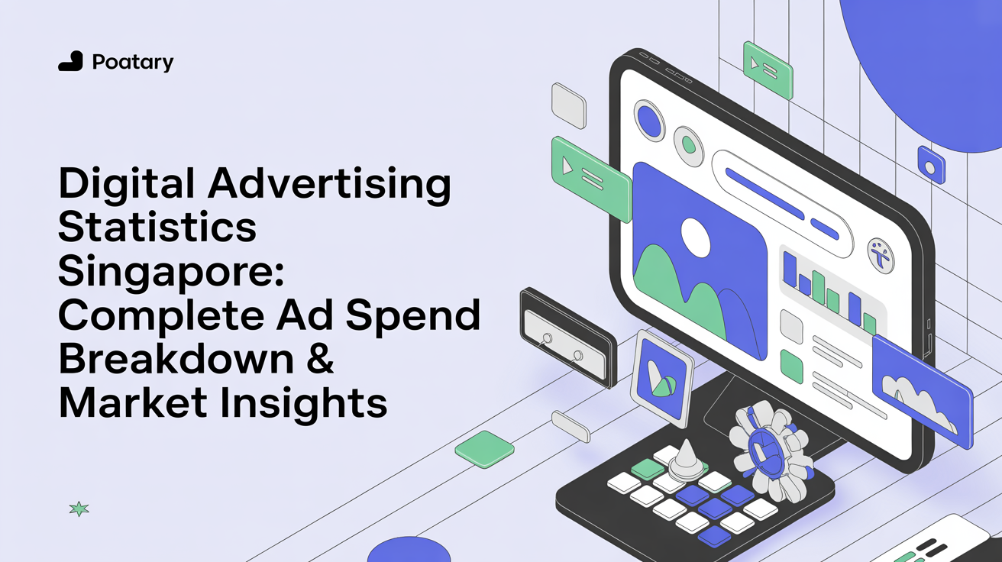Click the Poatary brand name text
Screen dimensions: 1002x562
(133, 62)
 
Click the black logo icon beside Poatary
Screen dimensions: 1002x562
(71, 61)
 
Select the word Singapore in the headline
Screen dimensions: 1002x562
(171, 273)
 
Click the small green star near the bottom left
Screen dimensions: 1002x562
(79, 509)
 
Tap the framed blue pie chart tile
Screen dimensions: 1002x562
(662, 378)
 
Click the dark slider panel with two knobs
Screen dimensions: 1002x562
(568, 338)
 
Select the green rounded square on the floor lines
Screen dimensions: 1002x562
(484, 449)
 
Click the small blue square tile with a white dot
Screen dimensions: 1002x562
(931, 165)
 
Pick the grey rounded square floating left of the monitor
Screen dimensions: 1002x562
(568, 106)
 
